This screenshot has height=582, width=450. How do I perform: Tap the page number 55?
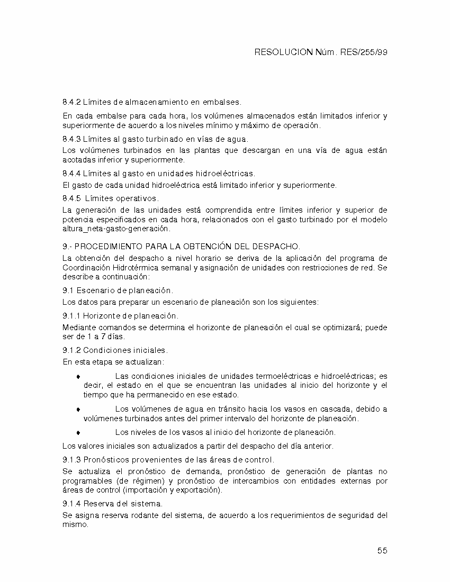[x=382, y=550]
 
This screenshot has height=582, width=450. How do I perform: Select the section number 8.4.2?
[x=71, y=102]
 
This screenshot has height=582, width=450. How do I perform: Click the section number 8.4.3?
[x=71, y=139]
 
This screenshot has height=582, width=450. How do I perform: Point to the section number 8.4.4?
[x=71, y=173]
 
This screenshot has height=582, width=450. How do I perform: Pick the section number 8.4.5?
[x=71, y=198]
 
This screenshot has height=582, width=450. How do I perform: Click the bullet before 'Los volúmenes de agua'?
[x=78, y=410]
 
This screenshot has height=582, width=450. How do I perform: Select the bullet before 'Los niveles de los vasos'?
[x=78, y=433]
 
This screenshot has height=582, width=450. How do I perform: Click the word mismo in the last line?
[x=73, y=525]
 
